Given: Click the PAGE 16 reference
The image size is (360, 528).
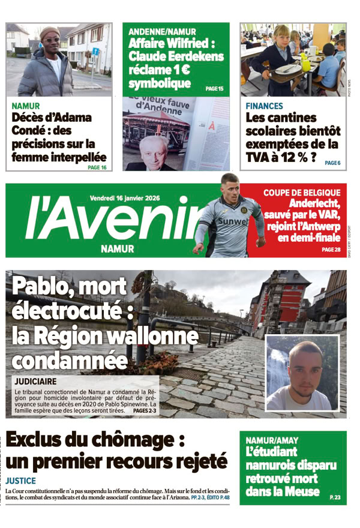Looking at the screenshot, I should pos(97,167).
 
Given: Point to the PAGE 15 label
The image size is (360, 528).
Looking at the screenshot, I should pos(214,89).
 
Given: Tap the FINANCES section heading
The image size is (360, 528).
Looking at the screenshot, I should pos(265,106).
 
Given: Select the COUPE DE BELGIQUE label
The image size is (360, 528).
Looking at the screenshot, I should pos(302,193).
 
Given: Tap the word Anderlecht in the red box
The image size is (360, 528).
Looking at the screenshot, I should pos(314,203).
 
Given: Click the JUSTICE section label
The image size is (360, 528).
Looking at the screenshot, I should pos(21,481).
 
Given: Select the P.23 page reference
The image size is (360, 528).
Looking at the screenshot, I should pos(335,497).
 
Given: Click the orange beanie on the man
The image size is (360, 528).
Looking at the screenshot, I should pos(50,32).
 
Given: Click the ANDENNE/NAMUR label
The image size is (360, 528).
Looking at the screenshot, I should pos(162,31).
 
